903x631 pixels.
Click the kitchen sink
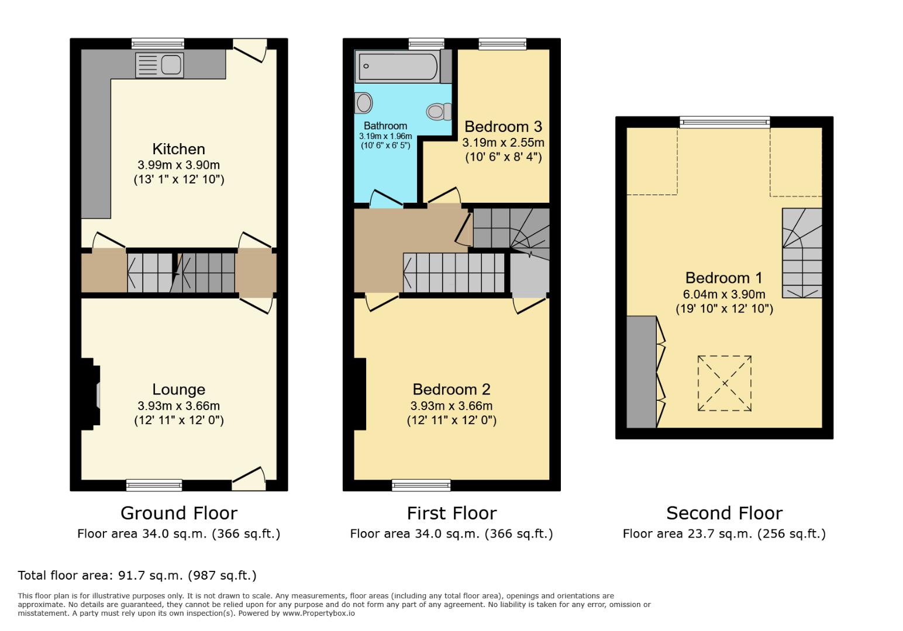click(x=159, y=64)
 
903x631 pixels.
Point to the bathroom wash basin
click(x=364, y=103)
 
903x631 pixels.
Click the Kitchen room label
click(x=178, y=149)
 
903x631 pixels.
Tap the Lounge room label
click(x=178, y=390)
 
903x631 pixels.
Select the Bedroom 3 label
click(x=503, y=127)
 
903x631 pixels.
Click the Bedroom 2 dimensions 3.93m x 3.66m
click(x=451, y=405)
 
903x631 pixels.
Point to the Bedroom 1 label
click(x=724, y=278)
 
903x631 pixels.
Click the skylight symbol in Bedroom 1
click(x=725, y=383)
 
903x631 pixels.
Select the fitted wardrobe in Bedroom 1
click(x=642, y=372)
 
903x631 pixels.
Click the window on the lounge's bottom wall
click(x=154, y=484)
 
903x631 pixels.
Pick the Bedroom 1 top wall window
click(x=725, y=122)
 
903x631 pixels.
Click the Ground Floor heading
click(x=178, y=513)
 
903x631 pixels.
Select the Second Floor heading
click(x=724, y=513)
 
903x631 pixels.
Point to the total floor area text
click(x=137, y=575)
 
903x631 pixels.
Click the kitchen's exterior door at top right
click(x=250, y=51)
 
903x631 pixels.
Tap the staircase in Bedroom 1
click(x=802, y=253)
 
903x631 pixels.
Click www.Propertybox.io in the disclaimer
click(x=319, y=613)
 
